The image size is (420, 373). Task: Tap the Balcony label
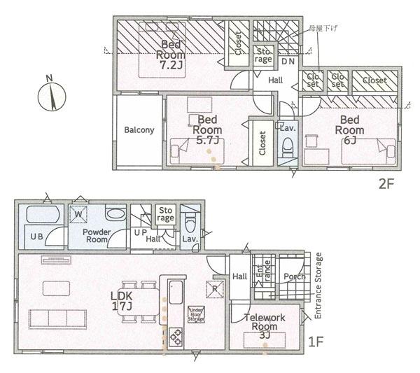click(x=139, y=130)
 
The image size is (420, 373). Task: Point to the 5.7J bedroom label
click(x=207, y=129)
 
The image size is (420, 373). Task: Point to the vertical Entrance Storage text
click(x=318, y=286)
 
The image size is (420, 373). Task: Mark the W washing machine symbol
click(x=78, y=214)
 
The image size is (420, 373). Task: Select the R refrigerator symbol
click(x=212, y=288)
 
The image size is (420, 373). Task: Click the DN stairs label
click(x=288, y=62)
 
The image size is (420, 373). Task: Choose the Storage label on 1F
click(x=165, y=213)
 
